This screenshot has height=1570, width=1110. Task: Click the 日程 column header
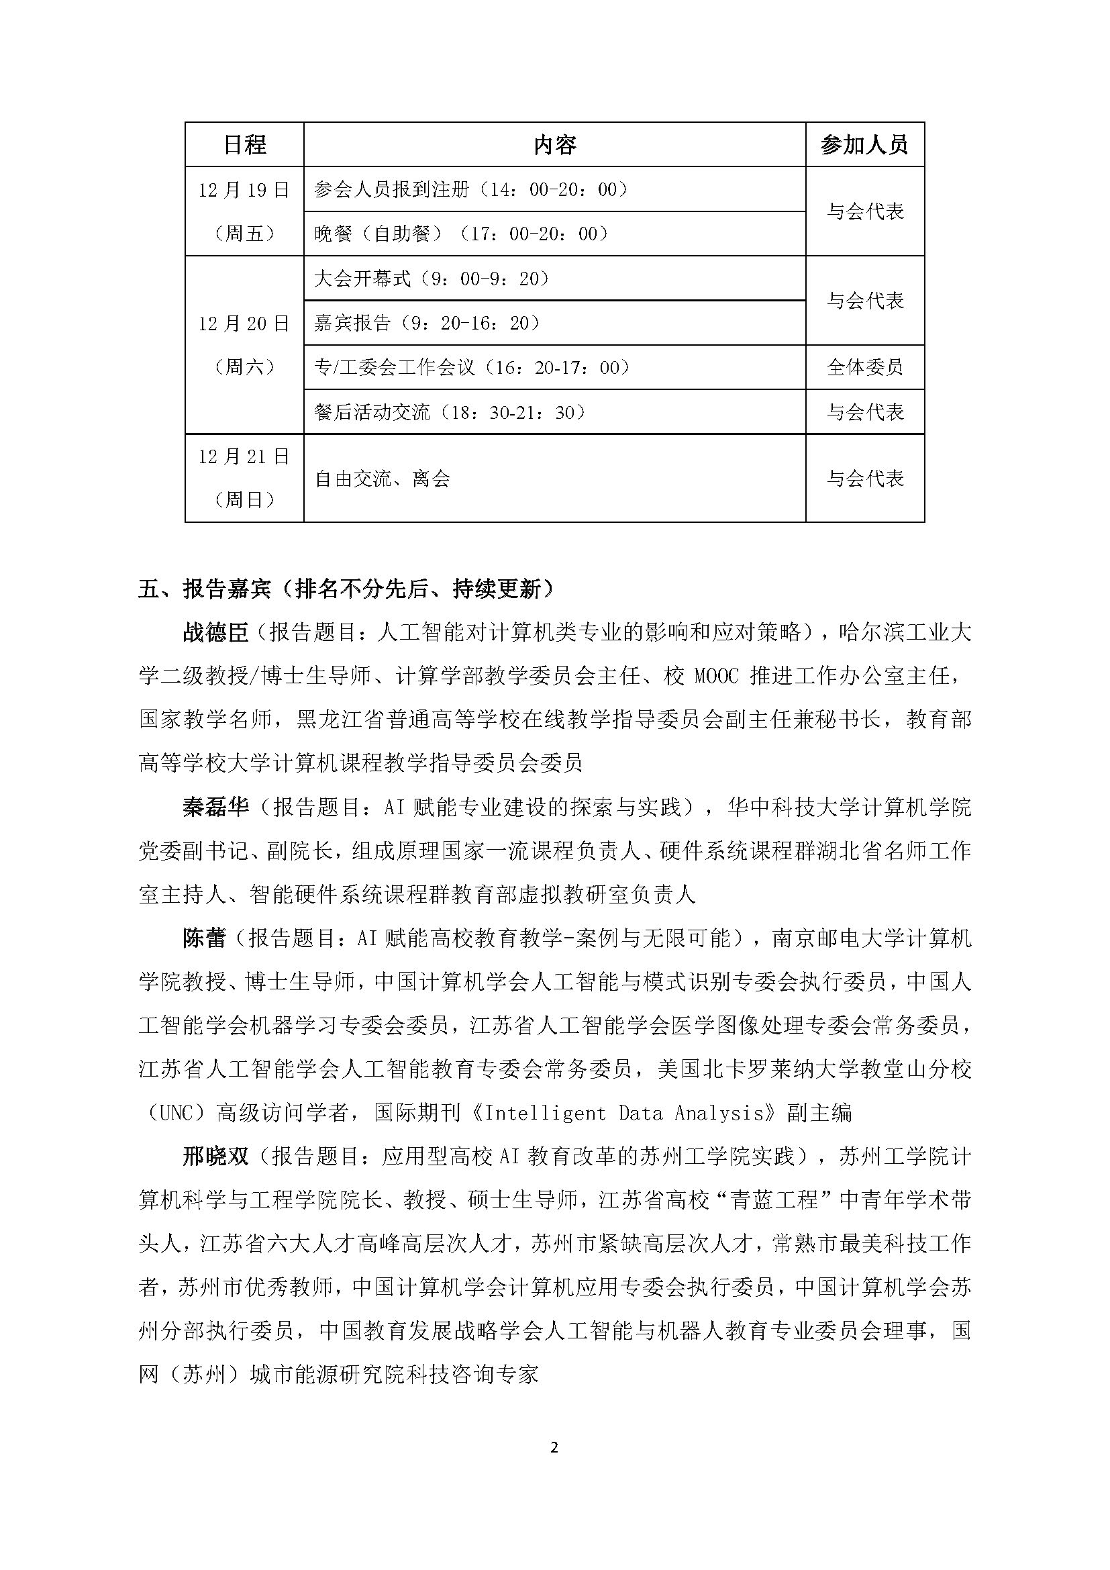pos(244,145)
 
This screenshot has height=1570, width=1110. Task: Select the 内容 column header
pos(554,145)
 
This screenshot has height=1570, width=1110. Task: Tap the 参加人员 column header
pos(864,145)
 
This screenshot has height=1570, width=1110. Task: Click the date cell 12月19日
pos(244,189)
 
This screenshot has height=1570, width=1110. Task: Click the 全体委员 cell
pos(864,367)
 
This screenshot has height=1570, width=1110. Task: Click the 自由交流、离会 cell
pos(382,479)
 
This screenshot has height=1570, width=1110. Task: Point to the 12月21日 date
pos(244,456)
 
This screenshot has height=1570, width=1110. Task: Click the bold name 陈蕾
pos(205,939)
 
